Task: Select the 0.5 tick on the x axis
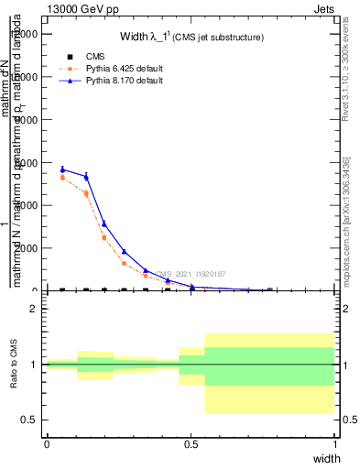click(x=191, y=444)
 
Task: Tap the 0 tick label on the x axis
click(x=47, y=444)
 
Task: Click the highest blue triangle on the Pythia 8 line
click(x=62, y=169)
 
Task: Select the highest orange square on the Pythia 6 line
click(x=62, y=178)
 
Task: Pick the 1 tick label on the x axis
click(x=335, y=444)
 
